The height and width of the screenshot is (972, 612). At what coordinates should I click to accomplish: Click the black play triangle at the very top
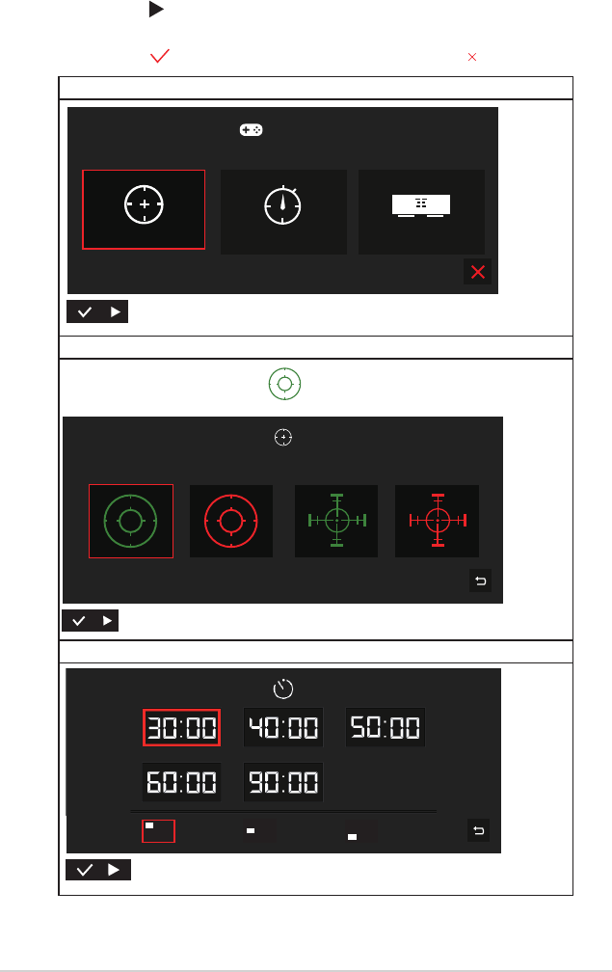point(156,10)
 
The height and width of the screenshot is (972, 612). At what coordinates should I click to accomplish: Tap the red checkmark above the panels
point(160,56)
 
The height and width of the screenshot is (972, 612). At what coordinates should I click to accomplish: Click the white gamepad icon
point(251,129)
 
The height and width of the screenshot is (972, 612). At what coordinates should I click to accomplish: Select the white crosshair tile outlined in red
point(144,209)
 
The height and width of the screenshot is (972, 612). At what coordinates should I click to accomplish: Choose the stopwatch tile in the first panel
point(283,211)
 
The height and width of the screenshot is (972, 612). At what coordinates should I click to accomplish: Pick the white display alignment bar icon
point(421,205)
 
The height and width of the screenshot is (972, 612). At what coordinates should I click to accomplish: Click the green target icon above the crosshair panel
point(285,384)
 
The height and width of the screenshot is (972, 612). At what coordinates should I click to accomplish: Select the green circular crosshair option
point(131,521)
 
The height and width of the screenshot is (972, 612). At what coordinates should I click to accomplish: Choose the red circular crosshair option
point(231,521)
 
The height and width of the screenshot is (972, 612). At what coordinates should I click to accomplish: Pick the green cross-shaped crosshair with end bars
point(336,521)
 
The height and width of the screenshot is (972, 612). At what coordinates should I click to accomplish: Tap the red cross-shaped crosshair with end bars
point(438,521)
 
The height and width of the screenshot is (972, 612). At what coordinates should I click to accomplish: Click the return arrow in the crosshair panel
point(480,580)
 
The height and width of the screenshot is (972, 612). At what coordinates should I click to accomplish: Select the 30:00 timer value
point(181,727)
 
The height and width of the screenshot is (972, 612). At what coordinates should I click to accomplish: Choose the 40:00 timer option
point(283,727)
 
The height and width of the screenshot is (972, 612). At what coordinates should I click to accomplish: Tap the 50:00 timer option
point(386,727)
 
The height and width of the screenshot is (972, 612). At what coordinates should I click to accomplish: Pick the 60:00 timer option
point(181,782)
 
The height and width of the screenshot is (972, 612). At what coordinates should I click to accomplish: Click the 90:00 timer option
point(283,782)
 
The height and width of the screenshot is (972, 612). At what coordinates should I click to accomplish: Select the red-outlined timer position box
point(159,830)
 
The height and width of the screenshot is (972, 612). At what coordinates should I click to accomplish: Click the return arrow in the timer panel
point(478,830)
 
